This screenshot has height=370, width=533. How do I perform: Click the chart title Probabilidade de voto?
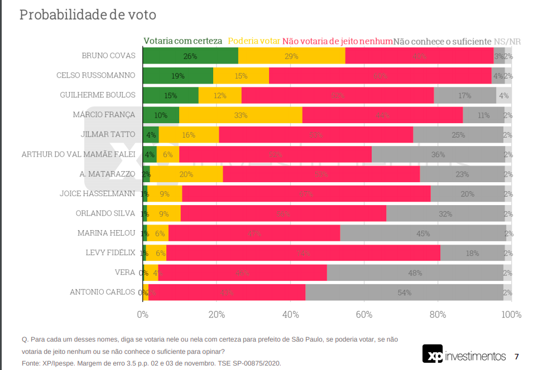[88, 15]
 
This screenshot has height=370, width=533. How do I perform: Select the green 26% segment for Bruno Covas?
[190, 56]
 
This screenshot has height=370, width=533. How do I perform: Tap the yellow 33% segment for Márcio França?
[241, 115]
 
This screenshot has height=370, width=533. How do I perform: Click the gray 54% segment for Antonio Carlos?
[404, 292]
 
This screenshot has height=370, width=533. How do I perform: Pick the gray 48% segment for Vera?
[414, 272]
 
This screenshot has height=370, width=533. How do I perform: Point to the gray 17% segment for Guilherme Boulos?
[464, 95]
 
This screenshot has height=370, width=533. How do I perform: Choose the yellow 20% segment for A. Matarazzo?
[186, 174]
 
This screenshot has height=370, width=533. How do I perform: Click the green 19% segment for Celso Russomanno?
[178, 76]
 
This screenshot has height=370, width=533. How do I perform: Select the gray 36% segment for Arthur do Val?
[438, 154]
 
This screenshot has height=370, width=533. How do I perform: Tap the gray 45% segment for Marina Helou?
[422, 233]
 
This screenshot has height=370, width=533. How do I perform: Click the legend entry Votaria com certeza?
[183, 41]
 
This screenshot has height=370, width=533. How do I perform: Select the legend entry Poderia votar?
[254, 41]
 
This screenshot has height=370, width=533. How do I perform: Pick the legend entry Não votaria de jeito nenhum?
[338, 41]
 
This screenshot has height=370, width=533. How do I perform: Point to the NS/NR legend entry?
[508, 41]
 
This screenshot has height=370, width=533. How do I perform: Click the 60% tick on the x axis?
[364, 314]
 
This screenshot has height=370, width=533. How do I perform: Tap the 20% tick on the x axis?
[217, 314]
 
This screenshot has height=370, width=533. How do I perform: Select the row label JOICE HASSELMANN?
[98, 194]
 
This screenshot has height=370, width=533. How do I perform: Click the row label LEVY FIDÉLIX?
[111, 252]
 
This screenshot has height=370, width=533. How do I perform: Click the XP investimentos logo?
[464, 356]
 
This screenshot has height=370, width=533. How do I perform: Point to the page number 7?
[517, 357]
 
